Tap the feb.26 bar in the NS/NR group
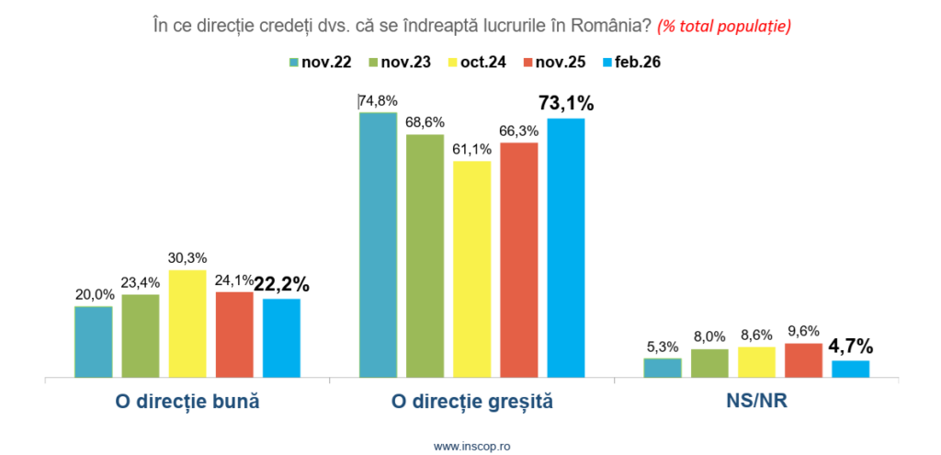pos(850,369)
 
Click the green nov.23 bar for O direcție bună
pos(141,336)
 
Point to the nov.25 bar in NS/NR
pos(803,359)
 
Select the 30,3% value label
pos(187,257)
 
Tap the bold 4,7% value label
pos(851,347)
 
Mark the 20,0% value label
pos(93,294)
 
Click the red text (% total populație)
pos(724,27)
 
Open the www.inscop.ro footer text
pos(471,445)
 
